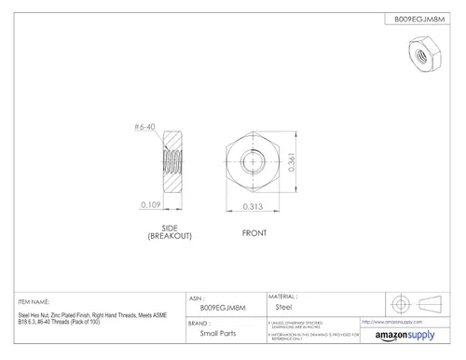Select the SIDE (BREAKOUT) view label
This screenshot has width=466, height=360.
tap(170, 231)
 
